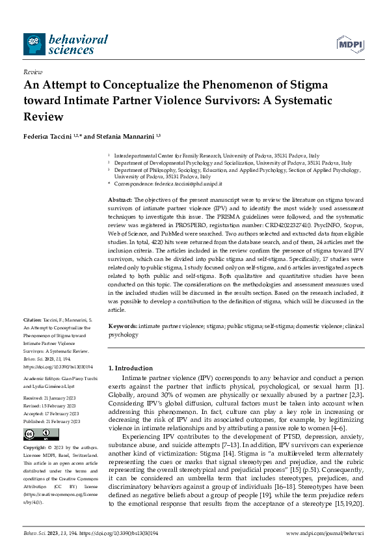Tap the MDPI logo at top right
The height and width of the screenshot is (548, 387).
(x=350, y=44)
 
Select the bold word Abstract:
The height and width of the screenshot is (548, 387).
(x=120, y=199)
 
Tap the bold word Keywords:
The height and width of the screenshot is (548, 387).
(x=122, y=326)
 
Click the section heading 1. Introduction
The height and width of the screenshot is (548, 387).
(x=131, y=368)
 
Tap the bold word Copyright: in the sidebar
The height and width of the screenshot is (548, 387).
(x=36, y=431)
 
